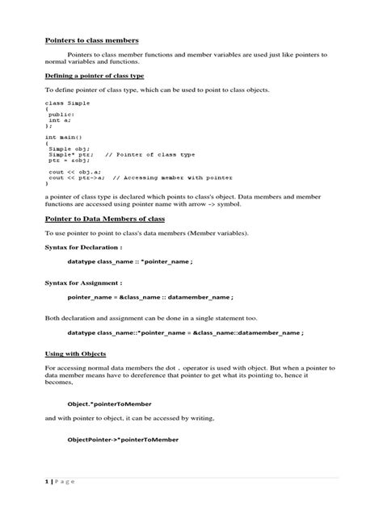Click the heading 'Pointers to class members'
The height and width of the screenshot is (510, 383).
pyautogui.click(x=91, y=40)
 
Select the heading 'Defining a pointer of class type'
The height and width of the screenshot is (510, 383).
pyautogui.click(x=94, y=75)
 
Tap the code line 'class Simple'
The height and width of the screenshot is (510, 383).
pyautogui.click(x=68, y=104)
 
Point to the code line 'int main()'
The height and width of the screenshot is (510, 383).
pyautogui.click(x=63, y=137)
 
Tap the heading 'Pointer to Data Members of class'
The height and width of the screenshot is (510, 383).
pyautogui.click(x=105, y=219)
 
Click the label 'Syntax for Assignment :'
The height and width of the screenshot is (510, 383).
pyautogui.click(x=82, y=283)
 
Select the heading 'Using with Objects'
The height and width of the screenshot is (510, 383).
pyautogui.click(x=75, y=353)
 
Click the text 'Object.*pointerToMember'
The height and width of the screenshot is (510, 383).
pyautogui.click(x=110, y=403)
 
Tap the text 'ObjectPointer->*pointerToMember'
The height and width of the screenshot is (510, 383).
pyautogui.click(x=123, y=439)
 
